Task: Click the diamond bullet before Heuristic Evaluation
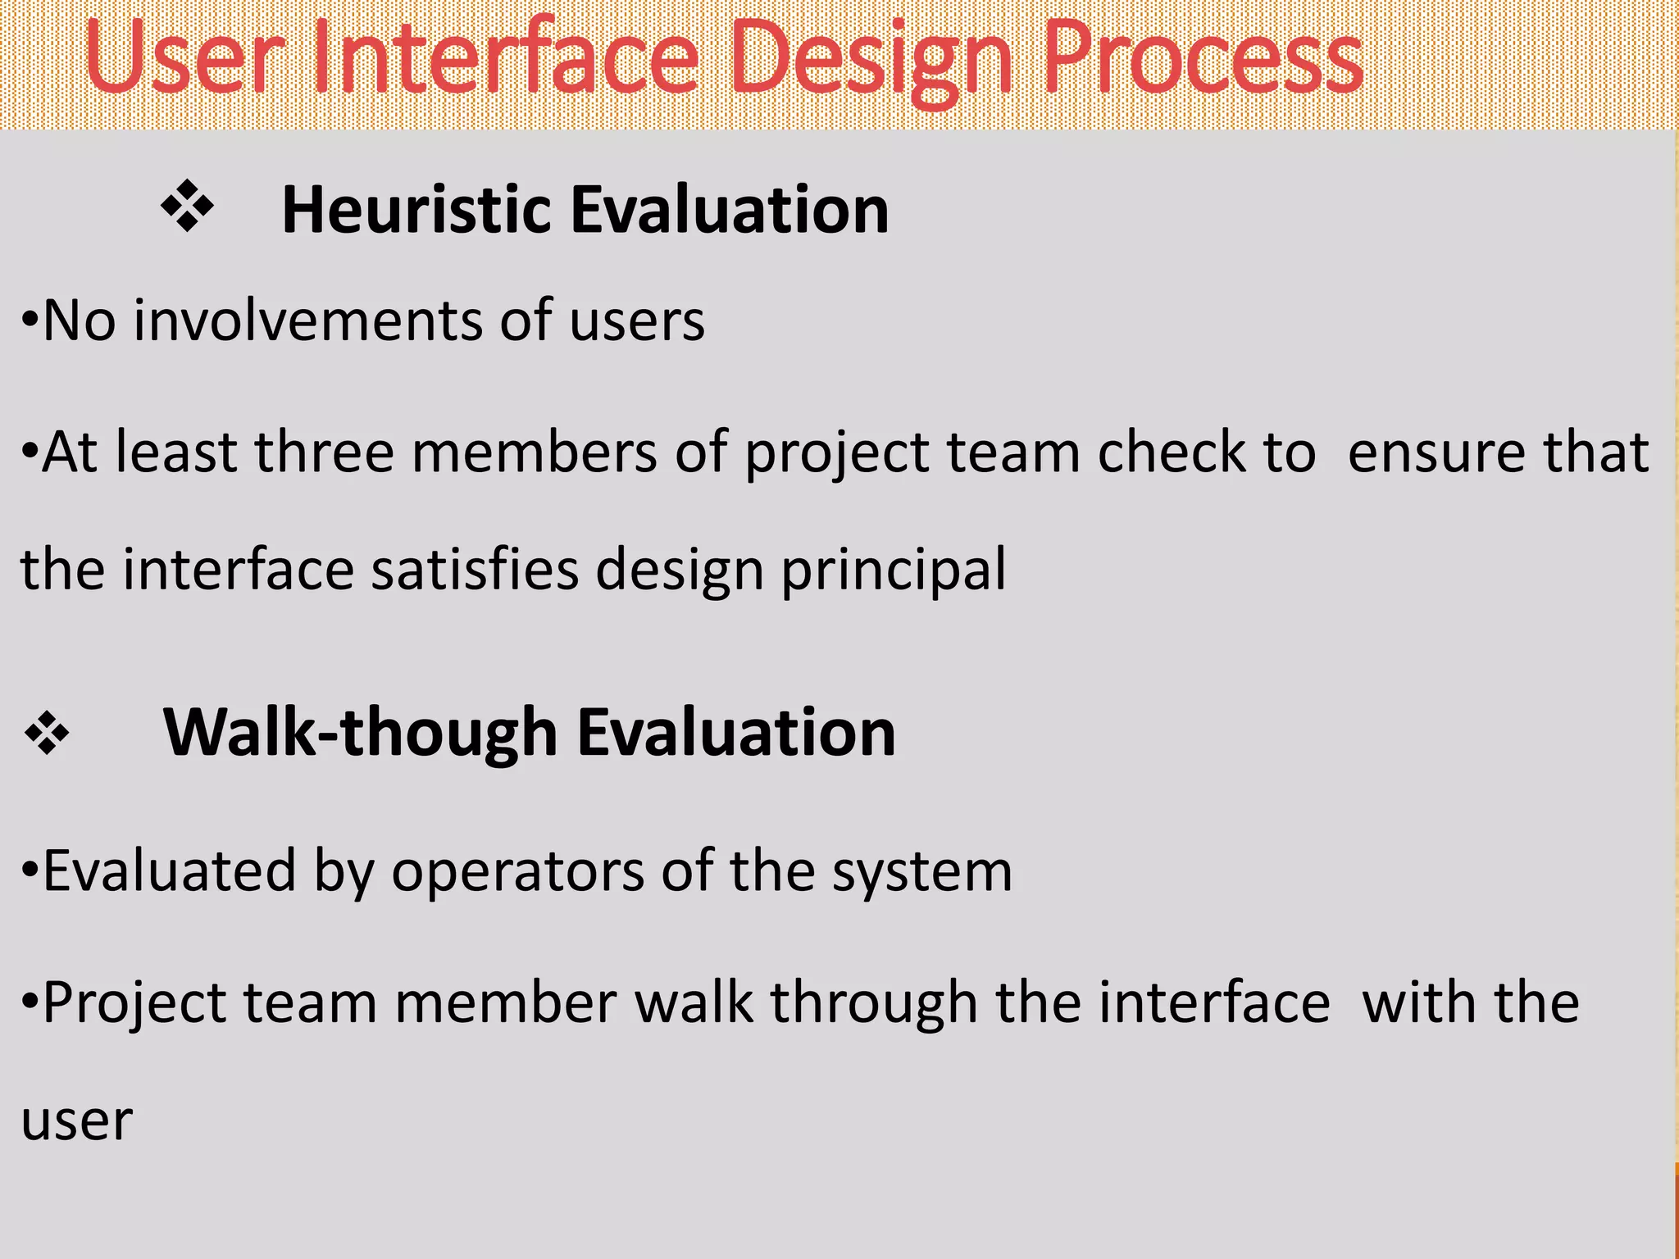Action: tap(187, 206)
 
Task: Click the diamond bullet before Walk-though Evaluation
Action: tap(47, 732)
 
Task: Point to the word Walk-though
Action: tap(361, 732)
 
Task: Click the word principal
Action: tap(893, 570)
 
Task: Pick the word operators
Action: tap(517, 871)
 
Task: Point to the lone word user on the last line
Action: tap(76, 1120)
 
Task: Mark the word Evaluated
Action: tap(169, 871)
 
